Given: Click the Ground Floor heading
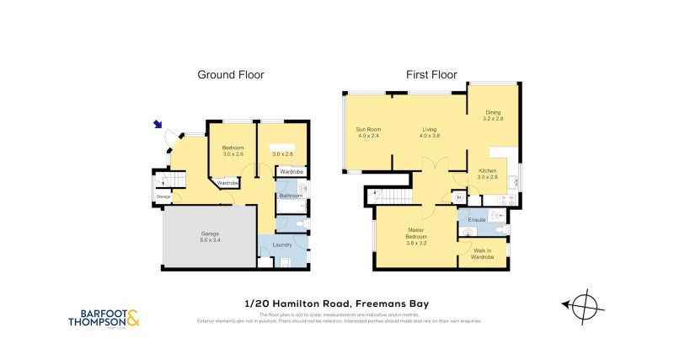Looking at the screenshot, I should [x=230, y=75].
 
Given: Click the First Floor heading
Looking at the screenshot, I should [x=431, y=75].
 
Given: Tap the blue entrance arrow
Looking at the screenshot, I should [x=158, y=125].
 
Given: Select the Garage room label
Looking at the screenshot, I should [x=210, y=233].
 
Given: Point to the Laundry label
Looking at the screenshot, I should [x=281, y=245].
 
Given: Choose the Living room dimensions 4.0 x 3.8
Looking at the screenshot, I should [x=431, y=136].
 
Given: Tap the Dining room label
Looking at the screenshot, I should [x=493, y=114].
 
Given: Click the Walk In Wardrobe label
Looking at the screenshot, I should [x=482, y=253].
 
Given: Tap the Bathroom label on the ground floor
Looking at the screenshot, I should [x=291, y=196].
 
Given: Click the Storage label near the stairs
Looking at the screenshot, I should [x=163, y=197].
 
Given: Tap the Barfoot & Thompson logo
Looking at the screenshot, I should [x=104, y=318].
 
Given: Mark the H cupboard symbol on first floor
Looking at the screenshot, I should [x=458, y=197].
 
